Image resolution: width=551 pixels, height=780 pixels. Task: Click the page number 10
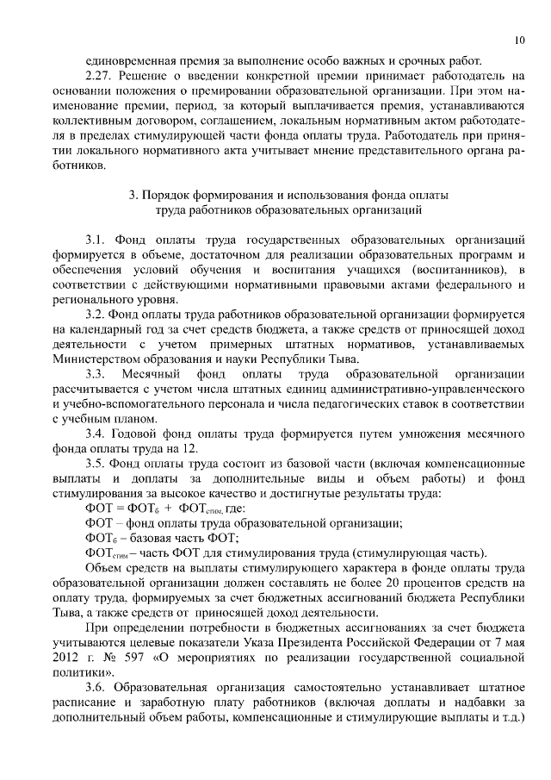pyautogui.click(x=519, y=40)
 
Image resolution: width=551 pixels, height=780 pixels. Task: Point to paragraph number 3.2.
pyautogui.click(x=96, y=315)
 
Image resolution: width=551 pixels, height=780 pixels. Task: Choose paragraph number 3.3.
pyautogui.click(x=96, y=374)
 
